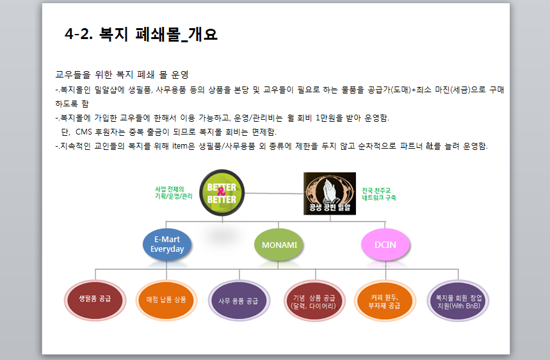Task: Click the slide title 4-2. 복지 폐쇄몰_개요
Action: coord(141,35)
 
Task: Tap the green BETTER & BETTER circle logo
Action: coord(222,193)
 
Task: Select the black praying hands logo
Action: coord(330,193)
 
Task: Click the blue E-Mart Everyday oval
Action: coord(167,244)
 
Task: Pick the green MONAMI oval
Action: coord(279,245)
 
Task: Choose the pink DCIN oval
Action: coord(385,245)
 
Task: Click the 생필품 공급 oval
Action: coord(95,300)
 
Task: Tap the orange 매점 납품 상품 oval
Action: coord(166,300)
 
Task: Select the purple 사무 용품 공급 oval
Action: coord(239,300)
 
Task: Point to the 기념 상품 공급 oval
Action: coord(314,300)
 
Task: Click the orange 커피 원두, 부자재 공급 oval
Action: coord(385,300)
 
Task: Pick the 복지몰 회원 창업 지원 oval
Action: coord(458,300)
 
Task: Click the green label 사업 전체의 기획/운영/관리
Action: coord(174,193)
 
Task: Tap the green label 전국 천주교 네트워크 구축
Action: coord(379,194)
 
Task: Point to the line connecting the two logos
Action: coord(274,193)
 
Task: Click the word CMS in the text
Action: coord(83,132)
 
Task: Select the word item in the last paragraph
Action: coord(179,146)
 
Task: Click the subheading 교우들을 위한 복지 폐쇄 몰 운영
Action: coord(122,75)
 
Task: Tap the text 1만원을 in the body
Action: coord(329,118)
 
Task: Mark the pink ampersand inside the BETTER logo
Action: coord(222,192)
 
